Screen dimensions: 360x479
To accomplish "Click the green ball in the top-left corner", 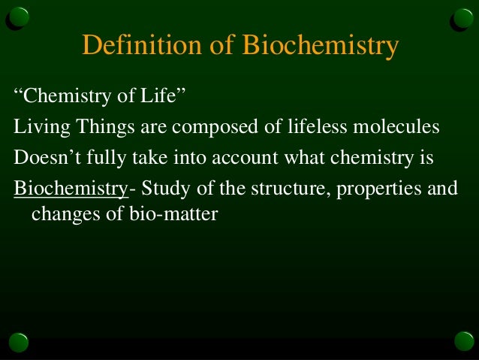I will tap(20, 17).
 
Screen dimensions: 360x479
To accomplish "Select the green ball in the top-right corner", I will tap(463, 17).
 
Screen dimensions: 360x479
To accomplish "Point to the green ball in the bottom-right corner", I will tap(463, 343).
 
